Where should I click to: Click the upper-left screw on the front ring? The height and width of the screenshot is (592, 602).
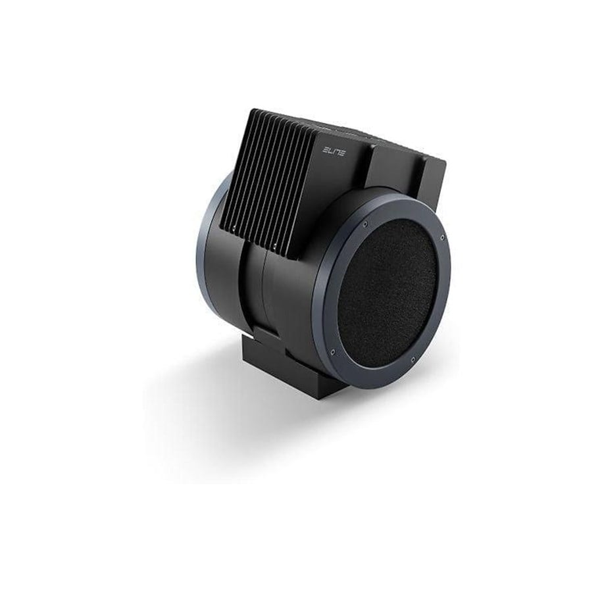pos(365,224)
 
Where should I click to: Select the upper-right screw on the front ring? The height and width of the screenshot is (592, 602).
pos(443,237)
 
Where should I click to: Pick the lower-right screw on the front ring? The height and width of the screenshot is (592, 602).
pos(413,359)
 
